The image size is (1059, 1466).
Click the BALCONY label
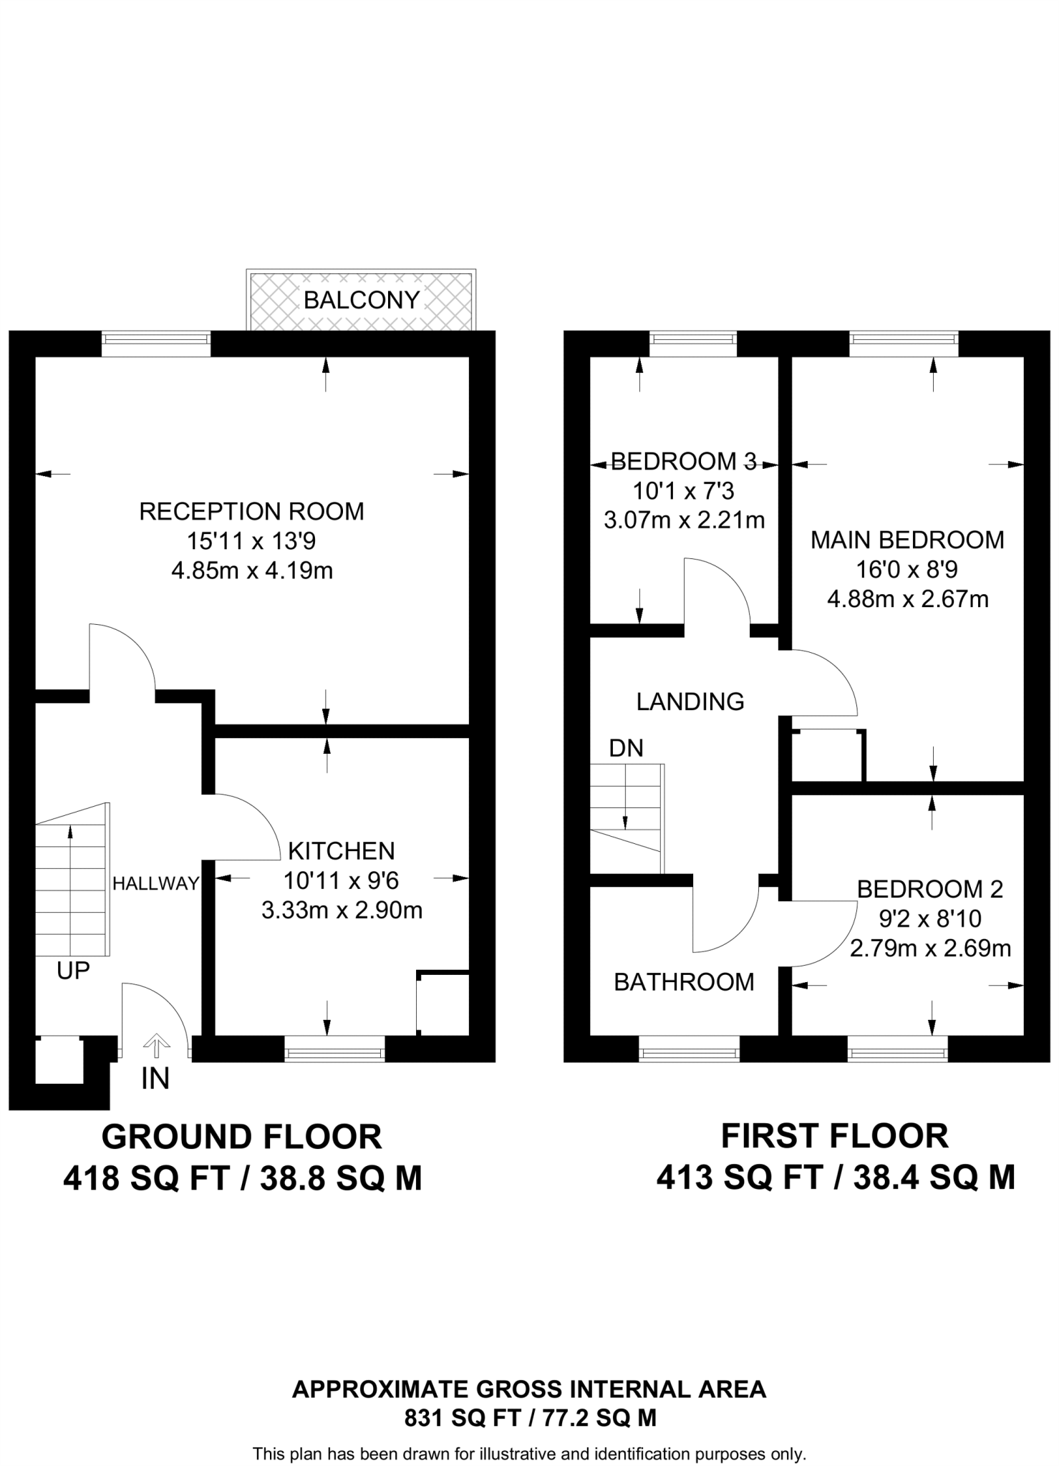pyautogui.click(x=362, y=300)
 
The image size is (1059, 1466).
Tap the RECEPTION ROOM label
pyautogui.click(x=251, y=512)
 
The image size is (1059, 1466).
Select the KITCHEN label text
pyautogui.click(x=342, y=850)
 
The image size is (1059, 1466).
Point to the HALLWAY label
pyautogui.click(x=155, y=883)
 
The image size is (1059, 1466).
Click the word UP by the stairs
pyautogui.click(x=73, y=971)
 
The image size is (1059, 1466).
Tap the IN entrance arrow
pyautogui.click(x=156, y=1046)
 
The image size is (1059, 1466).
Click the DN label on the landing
pyautogui.click(x=626, y=748)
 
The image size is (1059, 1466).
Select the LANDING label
pyautogui.click(x=690, y=702)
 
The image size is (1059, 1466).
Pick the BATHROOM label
pyautogui.click(x=684, y=982)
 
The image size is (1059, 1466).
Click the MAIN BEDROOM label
pyautogui.click(x=907, y=540)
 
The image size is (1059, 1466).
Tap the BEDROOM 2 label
pyautogui.click(x=930, y=889)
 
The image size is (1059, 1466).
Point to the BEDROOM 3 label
pyautogui.click(x=684, y=461)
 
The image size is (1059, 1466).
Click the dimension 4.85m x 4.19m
pyautogui.click(x=252, y=571)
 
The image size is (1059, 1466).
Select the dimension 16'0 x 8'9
pyautogui.click(x=907, y=570)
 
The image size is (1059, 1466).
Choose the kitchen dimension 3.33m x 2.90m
pyautogui.click(x=342, y=911)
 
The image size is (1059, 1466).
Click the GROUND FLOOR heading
pyautogui.click(x=242, y=1137)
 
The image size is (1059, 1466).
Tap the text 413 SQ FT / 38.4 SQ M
pyautogui.click(x=836, y=1178)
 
